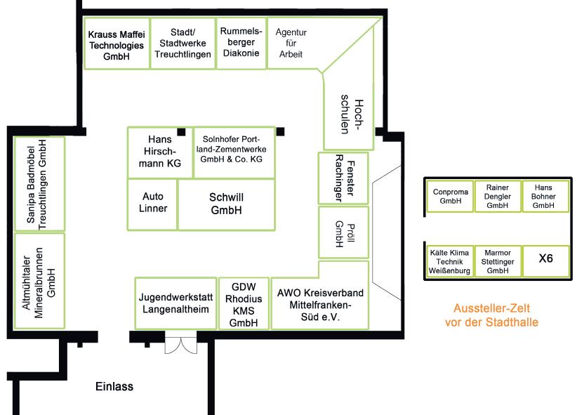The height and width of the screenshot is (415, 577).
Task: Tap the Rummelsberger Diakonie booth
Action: pyautogui.click(x=240, y=42)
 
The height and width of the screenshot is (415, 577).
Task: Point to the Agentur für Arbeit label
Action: pyautogui.click(x=291, y=43)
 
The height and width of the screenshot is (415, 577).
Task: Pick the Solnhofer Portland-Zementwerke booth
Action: pyautogui.click(x=232, y=150)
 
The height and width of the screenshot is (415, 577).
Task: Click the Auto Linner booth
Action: pyautogui.click(x=153, y=204)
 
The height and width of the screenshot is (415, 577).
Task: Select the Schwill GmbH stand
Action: pyautogui.click(x=226, y=204)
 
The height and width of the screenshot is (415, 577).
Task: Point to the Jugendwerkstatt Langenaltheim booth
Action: pyautogui.click(x=175, y=303)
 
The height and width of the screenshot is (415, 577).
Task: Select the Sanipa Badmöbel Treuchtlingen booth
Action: pyautogui.click(x=41, y=184)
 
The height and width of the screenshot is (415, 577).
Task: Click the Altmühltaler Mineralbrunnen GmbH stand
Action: pyautogui.click(x=41, y=281)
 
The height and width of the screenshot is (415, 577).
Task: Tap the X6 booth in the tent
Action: pyautogui.click(x=545, y=259)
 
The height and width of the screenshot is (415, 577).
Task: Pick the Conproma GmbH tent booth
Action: pyautogui.click(x=449, y=195)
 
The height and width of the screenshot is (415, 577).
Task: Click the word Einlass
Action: pyautogui.click(x=114, y=386)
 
